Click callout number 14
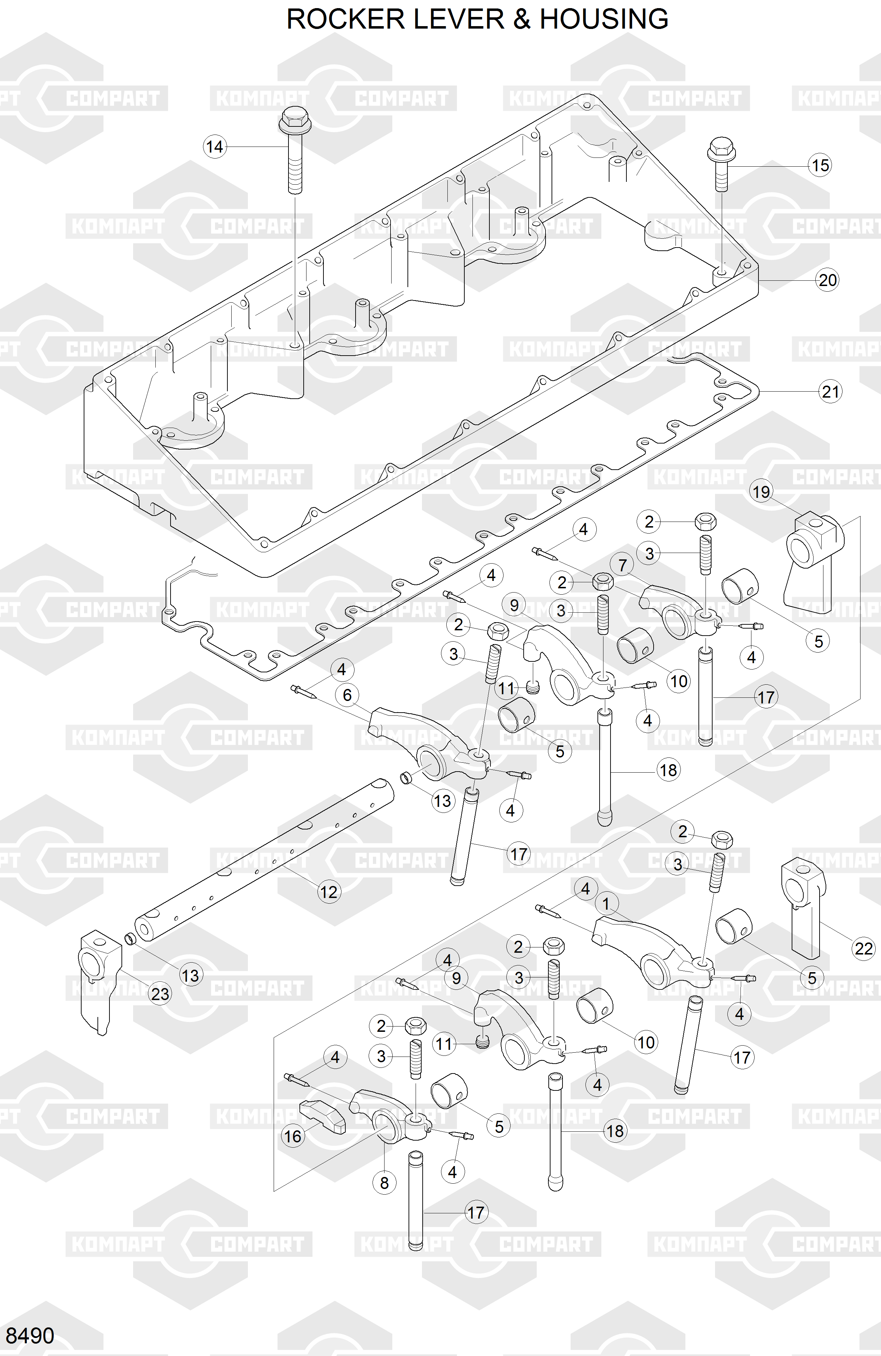click(x=214, y=147)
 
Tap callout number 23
click(x=160, y=994)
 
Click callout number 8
click(x=384, y=1183)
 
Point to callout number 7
click(x=622, y=565)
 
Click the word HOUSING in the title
click(x=604, y=19)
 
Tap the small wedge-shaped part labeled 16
click(x=322, y=1118)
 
